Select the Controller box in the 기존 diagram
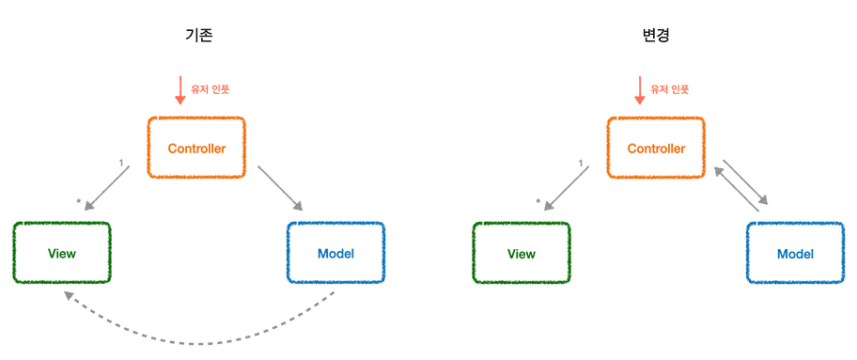pos(196,148)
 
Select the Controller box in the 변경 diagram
pos(656,148)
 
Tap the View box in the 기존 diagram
pos(62,254)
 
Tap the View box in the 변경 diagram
pos(522,254)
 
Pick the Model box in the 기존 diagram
pos(336,254)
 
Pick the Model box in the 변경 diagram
pos(795,254)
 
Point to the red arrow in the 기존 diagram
pos(179,90)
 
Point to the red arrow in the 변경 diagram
pos(639,90)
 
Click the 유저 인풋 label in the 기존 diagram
pos(210,90)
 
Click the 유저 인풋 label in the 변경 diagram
pos(670,90)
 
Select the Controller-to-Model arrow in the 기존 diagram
pos(281,189)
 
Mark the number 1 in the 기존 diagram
pos(121,164)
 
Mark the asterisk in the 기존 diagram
pos(79,201)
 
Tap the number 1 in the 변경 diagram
pos(581,164)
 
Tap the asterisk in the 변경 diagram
pos(538,201)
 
